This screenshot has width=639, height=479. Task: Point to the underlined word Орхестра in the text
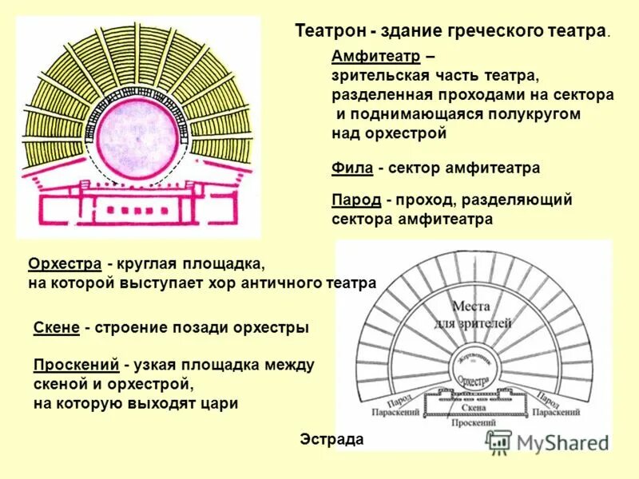click(65, 263)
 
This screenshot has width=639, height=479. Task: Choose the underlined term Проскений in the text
click(77, 365)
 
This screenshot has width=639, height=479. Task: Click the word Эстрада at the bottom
click(331, 439)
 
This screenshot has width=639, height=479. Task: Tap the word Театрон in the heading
click(329, 31)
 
